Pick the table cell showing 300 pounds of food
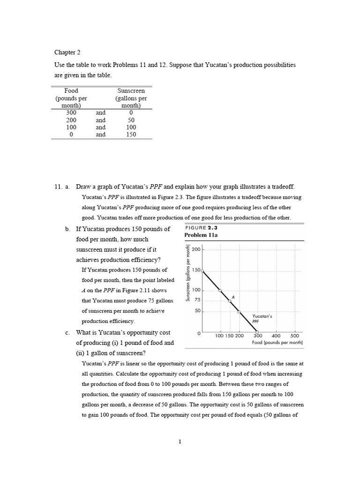pos(71,112)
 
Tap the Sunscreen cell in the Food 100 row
pos(131,127)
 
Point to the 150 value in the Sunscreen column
pos(131,135)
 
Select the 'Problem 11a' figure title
pos(201,235)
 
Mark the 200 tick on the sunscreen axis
pos(196,250)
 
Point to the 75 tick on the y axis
pos(197,300)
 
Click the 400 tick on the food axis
pos(276,336)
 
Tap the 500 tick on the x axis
pos(294,336)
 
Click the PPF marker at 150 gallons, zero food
pos(202,270)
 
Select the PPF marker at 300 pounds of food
pos(257,332)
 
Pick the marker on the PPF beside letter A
pos(230,301)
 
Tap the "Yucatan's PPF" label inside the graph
pos(262,319)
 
